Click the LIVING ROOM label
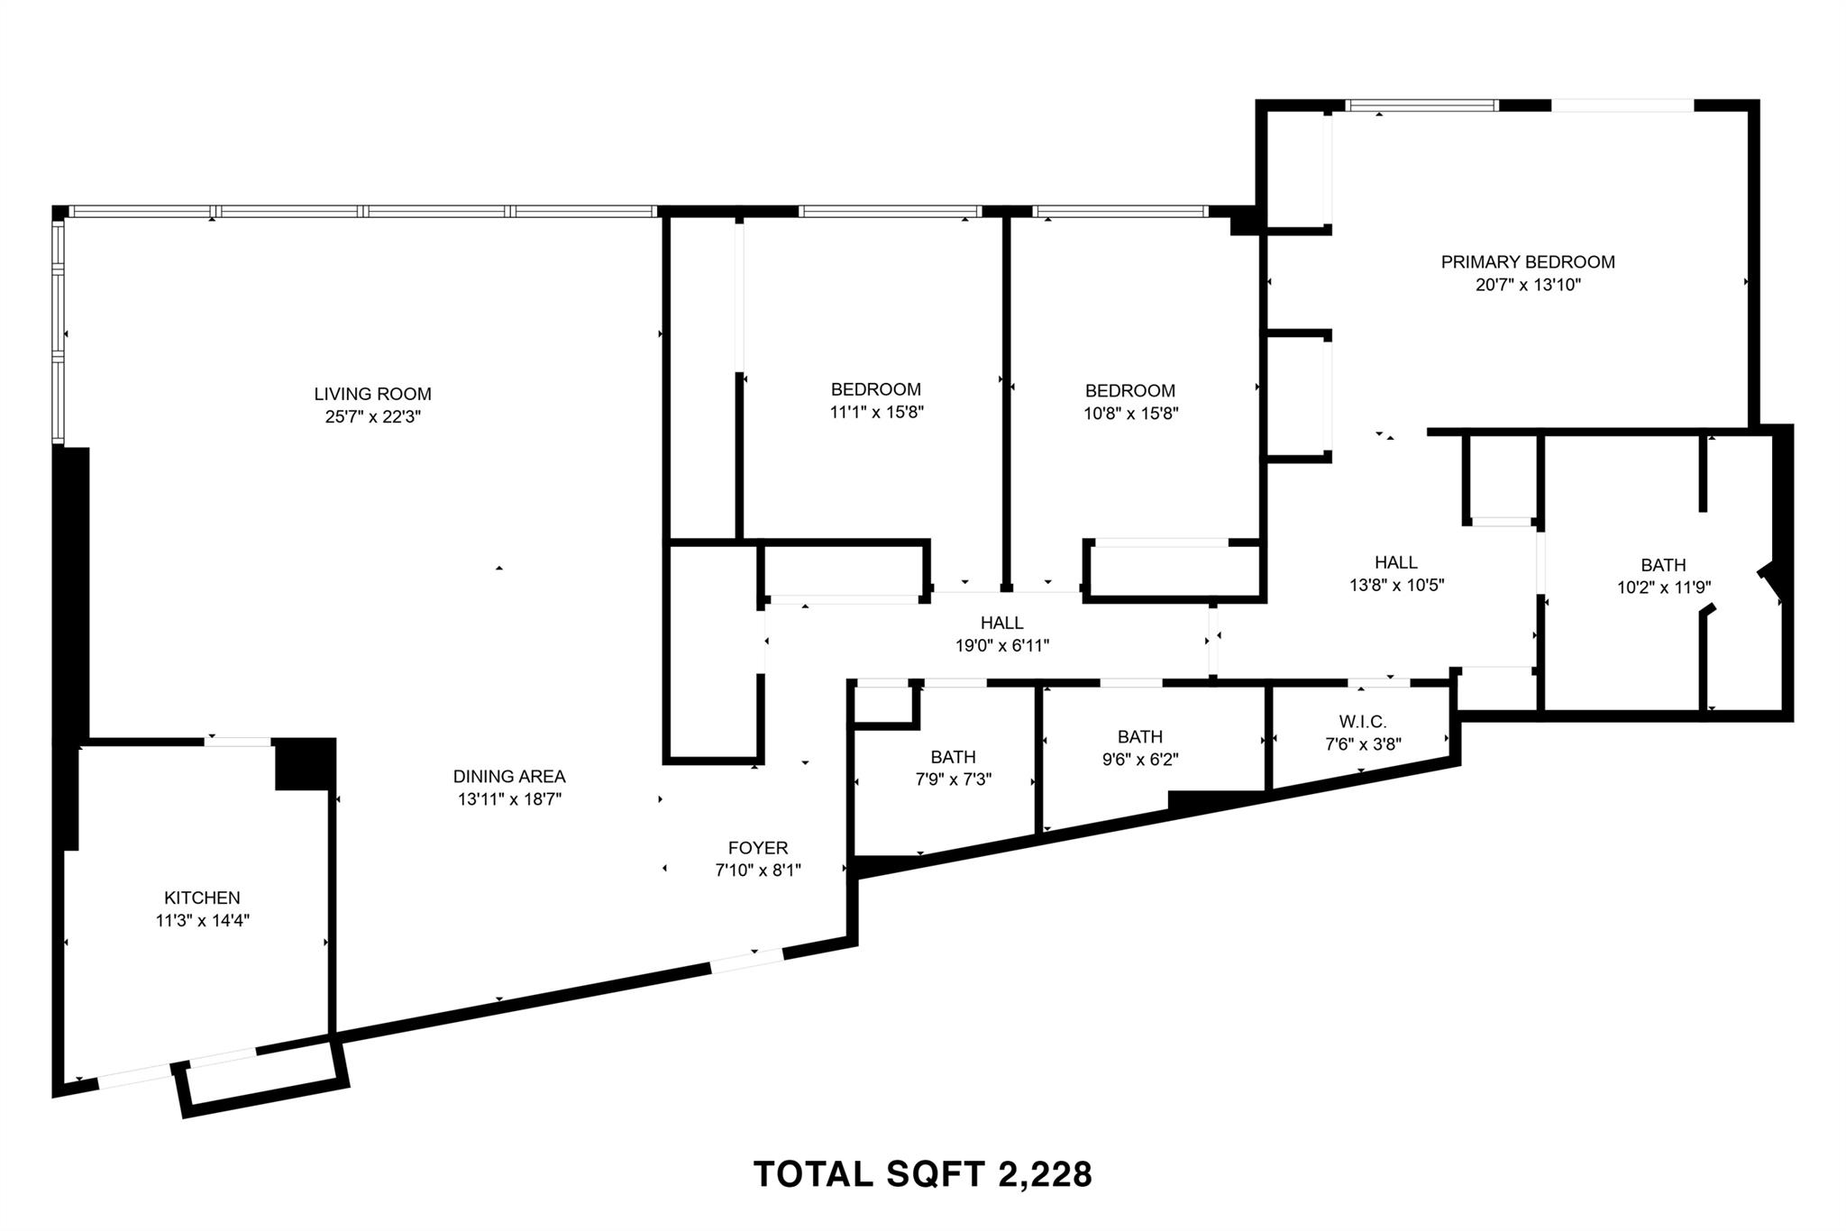tap(372, 394)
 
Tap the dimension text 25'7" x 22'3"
tap(372, 417)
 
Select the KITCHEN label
tap(202, 898)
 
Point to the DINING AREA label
tap(509, 776)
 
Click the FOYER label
tap(758, 847)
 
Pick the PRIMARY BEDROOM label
tap(1528, 262)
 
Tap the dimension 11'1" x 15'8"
tap(876, 413)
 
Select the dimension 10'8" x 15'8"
tap(1130, 414)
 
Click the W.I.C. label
tap(1362, 721)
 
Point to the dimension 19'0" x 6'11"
tap(1002, 645)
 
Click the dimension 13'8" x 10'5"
tap(1396, 585)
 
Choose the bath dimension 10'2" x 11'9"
tap(1663, 588)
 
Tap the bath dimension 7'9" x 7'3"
tap(953, 780)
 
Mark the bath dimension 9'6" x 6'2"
tap(1139, 760)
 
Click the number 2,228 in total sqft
tap(1045, 1174)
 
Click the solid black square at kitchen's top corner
tap(304, 763)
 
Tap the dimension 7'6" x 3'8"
tap(1362, 744)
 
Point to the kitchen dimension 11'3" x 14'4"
tap(202, 921)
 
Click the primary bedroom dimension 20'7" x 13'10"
tap(1528, 286)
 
